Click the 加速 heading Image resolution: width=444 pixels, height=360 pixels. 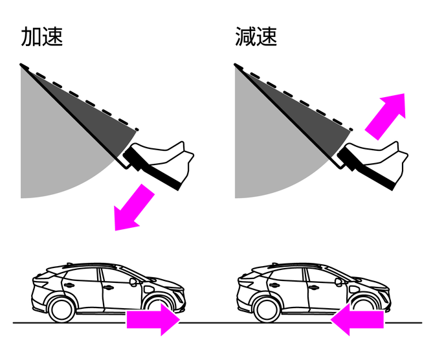42,36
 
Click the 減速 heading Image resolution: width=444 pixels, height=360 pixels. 256,36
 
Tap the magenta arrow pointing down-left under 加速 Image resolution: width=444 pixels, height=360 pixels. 134,208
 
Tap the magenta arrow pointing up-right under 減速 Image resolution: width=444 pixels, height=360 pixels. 385,116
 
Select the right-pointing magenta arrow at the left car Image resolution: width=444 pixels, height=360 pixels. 153,319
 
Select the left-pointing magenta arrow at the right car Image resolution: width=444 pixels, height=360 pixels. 357,319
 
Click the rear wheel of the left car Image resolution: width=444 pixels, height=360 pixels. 61,309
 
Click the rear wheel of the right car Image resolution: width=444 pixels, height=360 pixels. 267,309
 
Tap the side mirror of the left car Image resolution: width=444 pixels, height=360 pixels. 133,282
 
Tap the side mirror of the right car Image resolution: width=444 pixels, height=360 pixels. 339,282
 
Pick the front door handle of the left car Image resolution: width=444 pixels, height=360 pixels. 109,287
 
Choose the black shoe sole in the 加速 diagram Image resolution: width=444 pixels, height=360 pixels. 151,168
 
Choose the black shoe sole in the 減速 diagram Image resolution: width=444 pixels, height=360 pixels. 366,168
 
